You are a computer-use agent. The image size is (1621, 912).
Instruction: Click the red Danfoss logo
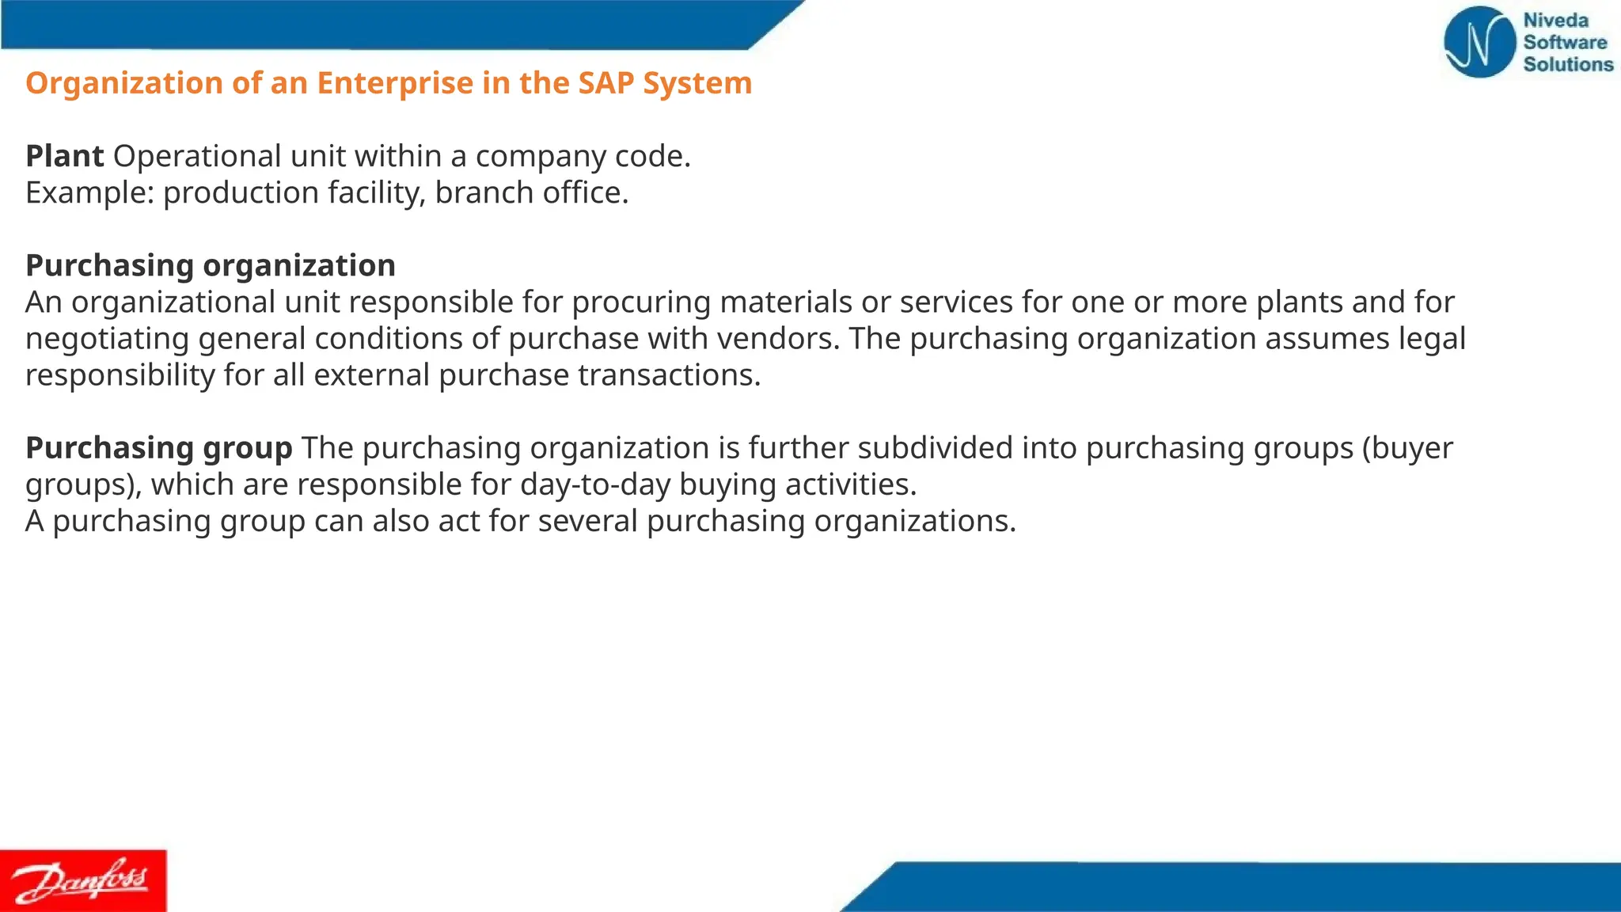click(83, 880)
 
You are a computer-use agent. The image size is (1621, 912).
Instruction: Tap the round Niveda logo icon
click(1479, 42)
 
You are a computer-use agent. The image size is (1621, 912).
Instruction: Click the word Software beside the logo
click(1565, 42)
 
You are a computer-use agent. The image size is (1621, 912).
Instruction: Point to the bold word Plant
click(64, 156)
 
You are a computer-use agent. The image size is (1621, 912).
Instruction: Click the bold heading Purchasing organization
click(210, 265)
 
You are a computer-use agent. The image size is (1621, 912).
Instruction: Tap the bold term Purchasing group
click(158, 448)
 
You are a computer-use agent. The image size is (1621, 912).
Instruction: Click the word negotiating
click(107, 339)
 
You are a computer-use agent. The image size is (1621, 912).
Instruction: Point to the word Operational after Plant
click(197, 156)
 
